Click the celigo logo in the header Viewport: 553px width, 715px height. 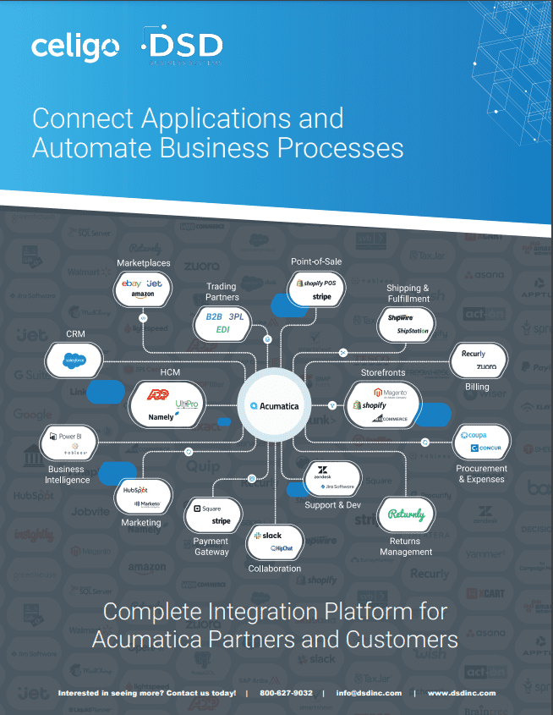click(75, 47)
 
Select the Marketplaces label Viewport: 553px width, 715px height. click(144, 263)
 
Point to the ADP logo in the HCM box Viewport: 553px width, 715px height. click(157, 394)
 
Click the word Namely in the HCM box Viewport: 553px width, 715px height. click(161, 416)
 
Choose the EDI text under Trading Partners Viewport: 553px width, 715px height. click(223, 329)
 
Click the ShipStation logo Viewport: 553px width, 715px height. click(413, 331)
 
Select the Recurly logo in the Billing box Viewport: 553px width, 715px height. click(474, 354)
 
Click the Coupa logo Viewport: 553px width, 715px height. click(474, 435)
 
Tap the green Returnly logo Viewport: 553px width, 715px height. click(406, 514)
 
